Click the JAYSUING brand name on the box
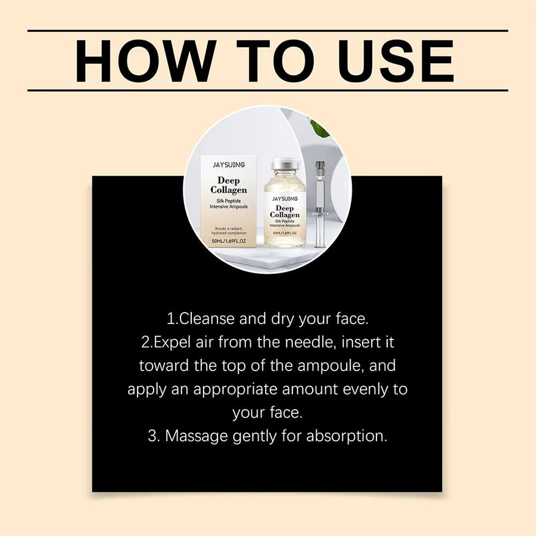(229, 165)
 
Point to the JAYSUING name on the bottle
(285, 198)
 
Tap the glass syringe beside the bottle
(319, 204)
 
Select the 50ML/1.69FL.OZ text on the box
(229, 241)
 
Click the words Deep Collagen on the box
(229, 185)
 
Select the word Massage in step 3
(196, 436)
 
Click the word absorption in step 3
(347, 436)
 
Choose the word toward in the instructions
(164, 366)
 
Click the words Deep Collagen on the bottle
(285, 211)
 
